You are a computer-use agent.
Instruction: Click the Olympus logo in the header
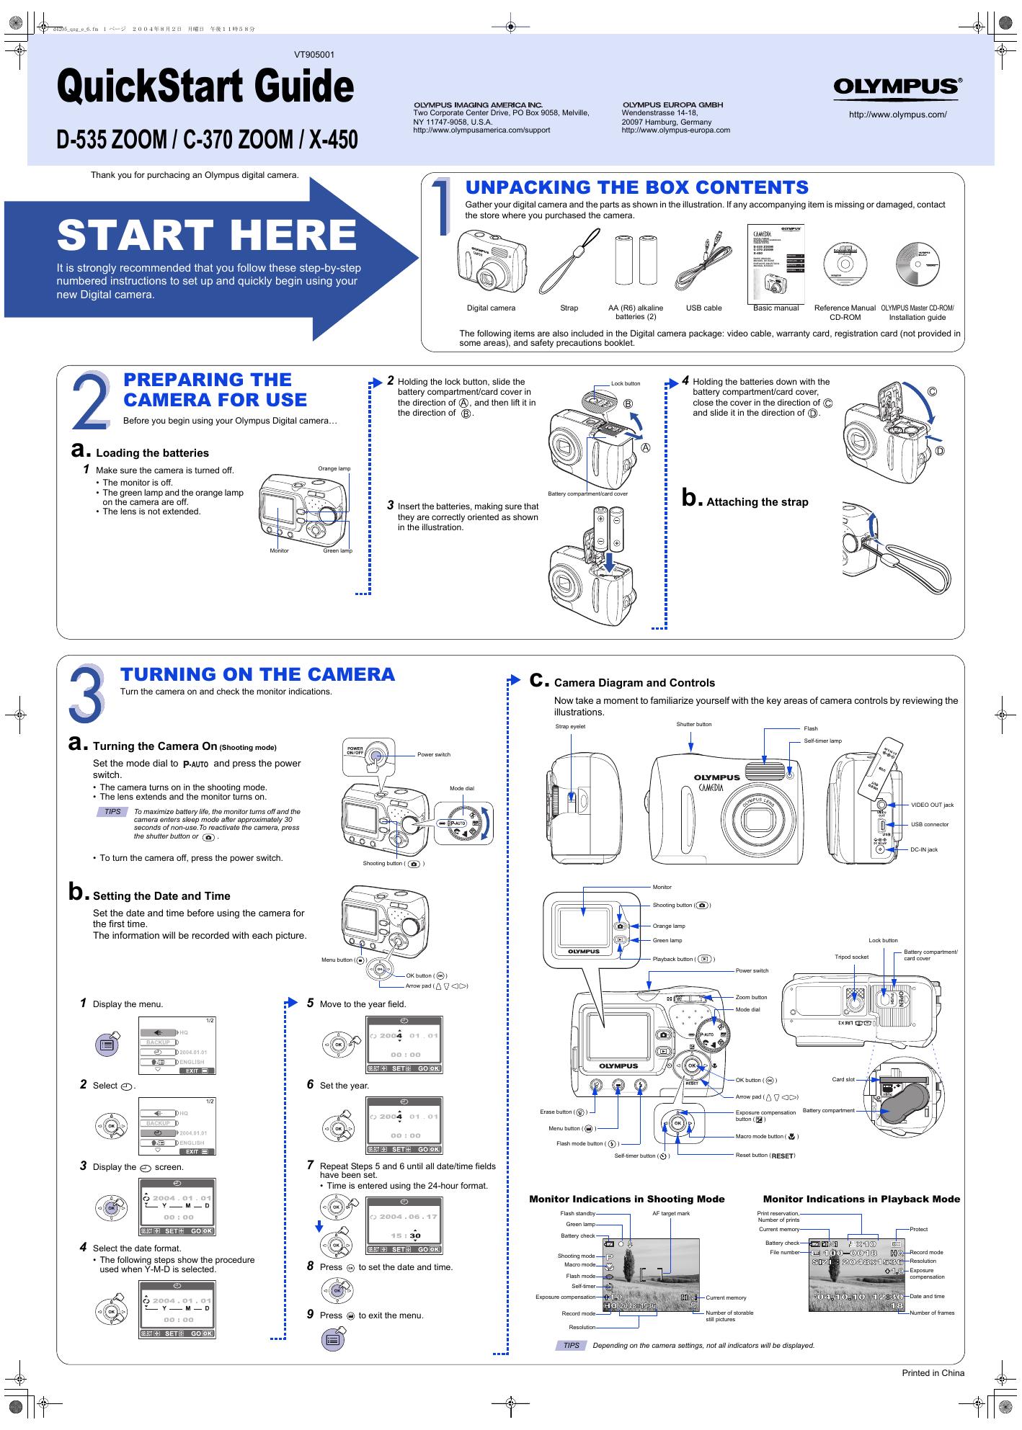click(897, 86)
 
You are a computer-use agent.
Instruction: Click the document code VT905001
click(314, 55)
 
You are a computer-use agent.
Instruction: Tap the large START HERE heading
click(207, 235)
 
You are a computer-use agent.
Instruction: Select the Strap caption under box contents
click(569, 308)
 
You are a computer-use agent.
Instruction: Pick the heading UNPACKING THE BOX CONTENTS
click(636, 187)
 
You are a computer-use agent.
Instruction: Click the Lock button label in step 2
click(625, 383)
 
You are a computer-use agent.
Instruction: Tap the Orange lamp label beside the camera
click(334, 468)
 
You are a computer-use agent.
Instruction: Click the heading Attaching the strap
click(757, 502)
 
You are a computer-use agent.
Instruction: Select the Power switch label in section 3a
click(433, 754)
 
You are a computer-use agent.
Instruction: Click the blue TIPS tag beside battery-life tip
click(113, 811)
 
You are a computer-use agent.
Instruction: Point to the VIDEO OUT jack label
click(931, 805)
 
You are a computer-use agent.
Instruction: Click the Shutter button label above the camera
click(693, 724)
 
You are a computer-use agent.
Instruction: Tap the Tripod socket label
click(851, 957)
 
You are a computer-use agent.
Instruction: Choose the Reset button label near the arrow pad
click(765, 1156)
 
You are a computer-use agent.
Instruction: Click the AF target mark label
click(671, 1213)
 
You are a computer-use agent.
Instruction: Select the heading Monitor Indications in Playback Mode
click(861, 1199)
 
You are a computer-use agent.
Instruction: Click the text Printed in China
click(933, 1372)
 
